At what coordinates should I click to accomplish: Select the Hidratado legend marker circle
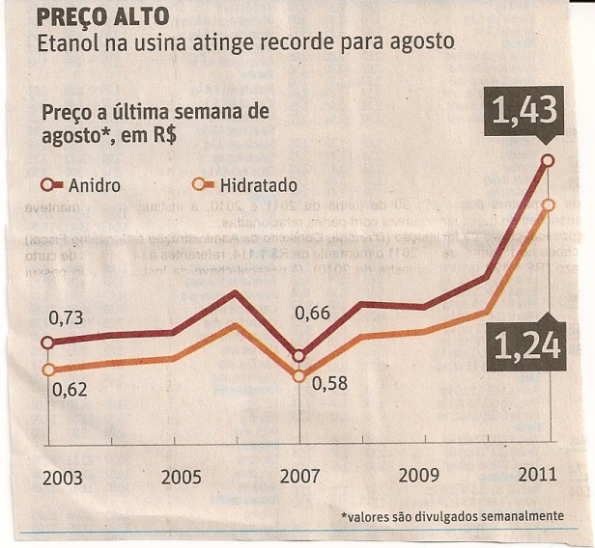(201, 184)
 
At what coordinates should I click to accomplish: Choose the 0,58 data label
(329, 383)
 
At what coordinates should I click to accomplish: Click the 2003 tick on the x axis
(62, 478)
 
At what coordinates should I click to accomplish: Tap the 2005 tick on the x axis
(182, 478)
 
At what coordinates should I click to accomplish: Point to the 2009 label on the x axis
(420, 476)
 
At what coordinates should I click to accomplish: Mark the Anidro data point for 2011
(549, 160)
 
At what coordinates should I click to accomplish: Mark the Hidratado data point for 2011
(549, 205)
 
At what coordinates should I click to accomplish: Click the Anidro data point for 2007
(298, 355)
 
